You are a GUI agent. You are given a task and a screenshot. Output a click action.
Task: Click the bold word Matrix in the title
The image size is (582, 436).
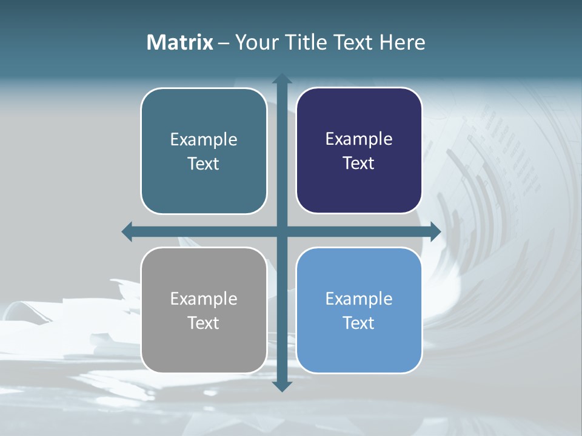coord(180,42)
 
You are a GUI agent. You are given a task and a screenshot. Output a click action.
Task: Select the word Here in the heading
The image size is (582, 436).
coord(402,42)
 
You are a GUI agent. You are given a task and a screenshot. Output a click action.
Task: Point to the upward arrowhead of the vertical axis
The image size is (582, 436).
coord(281,79)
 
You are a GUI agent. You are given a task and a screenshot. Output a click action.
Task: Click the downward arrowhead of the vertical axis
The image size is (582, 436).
coord(281,386)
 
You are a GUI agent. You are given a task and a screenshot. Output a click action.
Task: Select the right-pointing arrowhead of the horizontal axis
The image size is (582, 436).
coord(435,231)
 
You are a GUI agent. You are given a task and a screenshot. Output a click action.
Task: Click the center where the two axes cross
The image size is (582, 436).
coord(281,231)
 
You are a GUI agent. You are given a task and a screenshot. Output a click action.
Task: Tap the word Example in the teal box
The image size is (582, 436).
coord(204,140)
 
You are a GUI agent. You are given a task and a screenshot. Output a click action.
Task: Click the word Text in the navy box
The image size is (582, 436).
coord(359,163)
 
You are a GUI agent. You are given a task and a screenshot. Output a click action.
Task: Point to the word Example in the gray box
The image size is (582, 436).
coord(204,299)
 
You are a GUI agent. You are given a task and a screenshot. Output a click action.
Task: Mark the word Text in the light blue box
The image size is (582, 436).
coord(359,323)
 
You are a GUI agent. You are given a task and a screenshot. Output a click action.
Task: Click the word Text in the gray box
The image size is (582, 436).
coord(204,323)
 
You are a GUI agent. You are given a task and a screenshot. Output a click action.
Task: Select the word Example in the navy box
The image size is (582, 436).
coord(359,139)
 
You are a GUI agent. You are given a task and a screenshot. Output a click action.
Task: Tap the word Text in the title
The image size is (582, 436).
coord(354,42)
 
